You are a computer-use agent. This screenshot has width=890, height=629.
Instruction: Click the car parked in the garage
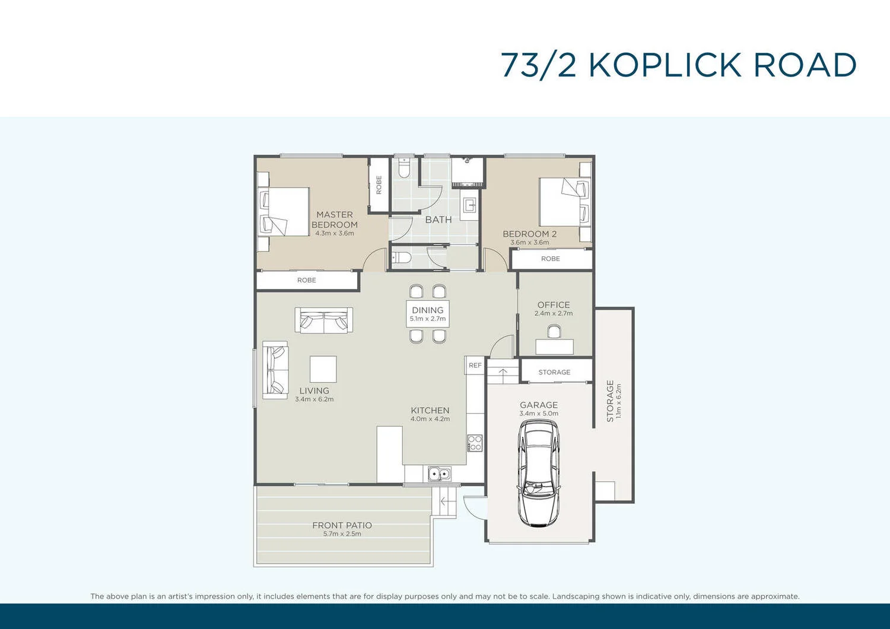[x=538, y=474]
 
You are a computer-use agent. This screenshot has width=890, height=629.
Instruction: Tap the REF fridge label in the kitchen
[x=475, y=366]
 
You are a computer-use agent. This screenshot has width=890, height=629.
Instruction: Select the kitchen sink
[x=439, y=474]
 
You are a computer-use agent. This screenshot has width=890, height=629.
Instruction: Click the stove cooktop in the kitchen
[x=475, y=443]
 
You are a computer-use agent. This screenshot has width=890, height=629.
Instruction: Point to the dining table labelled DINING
[x=427, y=313]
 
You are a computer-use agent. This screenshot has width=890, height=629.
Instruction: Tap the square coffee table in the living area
[x=323, y=369]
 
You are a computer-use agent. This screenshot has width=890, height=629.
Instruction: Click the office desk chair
[x=554, y=332]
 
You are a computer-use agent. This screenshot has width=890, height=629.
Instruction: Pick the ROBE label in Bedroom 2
[x=550, y=259]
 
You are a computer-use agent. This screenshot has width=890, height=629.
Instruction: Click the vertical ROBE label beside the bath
[x=379, y=185]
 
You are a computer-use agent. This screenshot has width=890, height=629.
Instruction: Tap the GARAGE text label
[x=539, y=405]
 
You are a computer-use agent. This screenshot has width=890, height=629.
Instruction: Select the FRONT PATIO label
[x=342, y=525]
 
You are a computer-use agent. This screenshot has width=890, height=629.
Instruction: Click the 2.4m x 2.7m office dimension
[x=553, y=313]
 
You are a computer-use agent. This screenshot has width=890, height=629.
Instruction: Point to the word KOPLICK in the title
[x=665, y=65]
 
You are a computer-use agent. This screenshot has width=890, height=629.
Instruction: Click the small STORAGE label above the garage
[x=554, y=372]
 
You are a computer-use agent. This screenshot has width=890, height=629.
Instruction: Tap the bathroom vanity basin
[x=470, y=205]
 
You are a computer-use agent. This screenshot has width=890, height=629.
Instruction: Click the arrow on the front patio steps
[x=444, y=502]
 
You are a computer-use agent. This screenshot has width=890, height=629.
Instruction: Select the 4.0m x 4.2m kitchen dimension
[x=430, y=419]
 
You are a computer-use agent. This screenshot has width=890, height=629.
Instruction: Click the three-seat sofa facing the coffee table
[x=324, y=320]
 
